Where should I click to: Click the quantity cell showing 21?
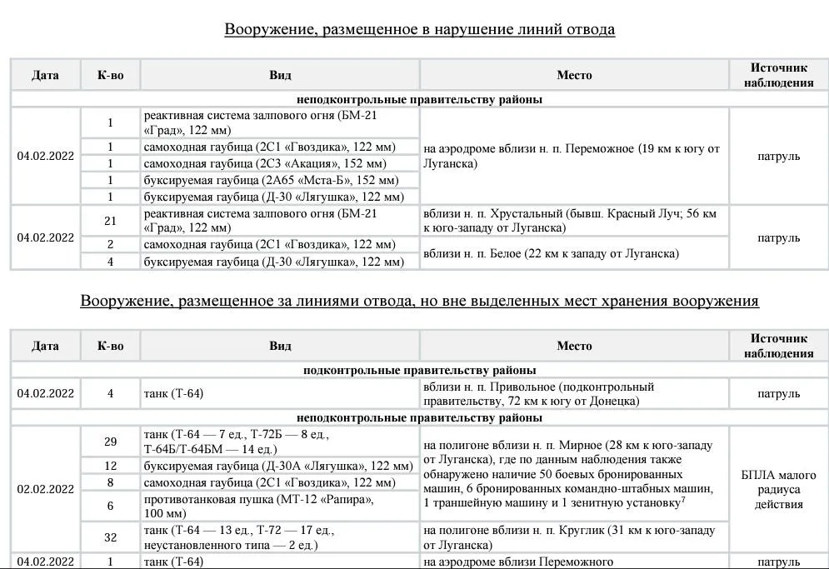pyautogui.click(x=110, y=221)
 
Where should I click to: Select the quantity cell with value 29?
pyautogui.click(x=110, y=442)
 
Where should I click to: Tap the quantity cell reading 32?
pyautogui.click(x=110, y=537)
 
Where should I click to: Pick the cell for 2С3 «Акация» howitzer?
pyautogui.click(x=280, y=163)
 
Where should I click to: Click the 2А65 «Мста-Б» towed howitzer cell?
pyautogui.click(x=280, y=180)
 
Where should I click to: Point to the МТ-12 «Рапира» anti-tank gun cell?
pyautogui.click(x=280, y=506)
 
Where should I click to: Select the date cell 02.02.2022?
pyautogui.click(x=46, y=489)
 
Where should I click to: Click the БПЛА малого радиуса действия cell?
pyautogui.click(x=779, y=489)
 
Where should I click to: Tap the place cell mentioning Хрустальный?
pyautogui.click(x=574, y=221)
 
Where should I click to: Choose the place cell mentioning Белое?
pyautogui.click(x=574, y=253)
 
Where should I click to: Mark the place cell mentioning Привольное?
pyautogui.click(x=574, y=394)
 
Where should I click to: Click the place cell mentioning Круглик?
pyautogui.click(x=574, y=537)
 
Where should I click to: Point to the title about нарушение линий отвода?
pyautogui.click(x=419, y=30)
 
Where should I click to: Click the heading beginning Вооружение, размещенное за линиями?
pyautogui.click(x=419, y=301)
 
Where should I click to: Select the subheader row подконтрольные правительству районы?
pyautogui.click(x=419, y=370)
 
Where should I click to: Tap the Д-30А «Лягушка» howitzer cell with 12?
pyautogui.click(x=280, y=466)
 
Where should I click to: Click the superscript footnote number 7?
pyautogui.click(x=683, y=500)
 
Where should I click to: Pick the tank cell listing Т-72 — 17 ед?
pyautogui.click(x=280, y=537)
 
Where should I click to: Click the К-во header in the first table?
pyautogui.click(x=110, y=75)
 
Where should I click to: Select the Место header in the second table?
pyautogui.click(x=574, y=346)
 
